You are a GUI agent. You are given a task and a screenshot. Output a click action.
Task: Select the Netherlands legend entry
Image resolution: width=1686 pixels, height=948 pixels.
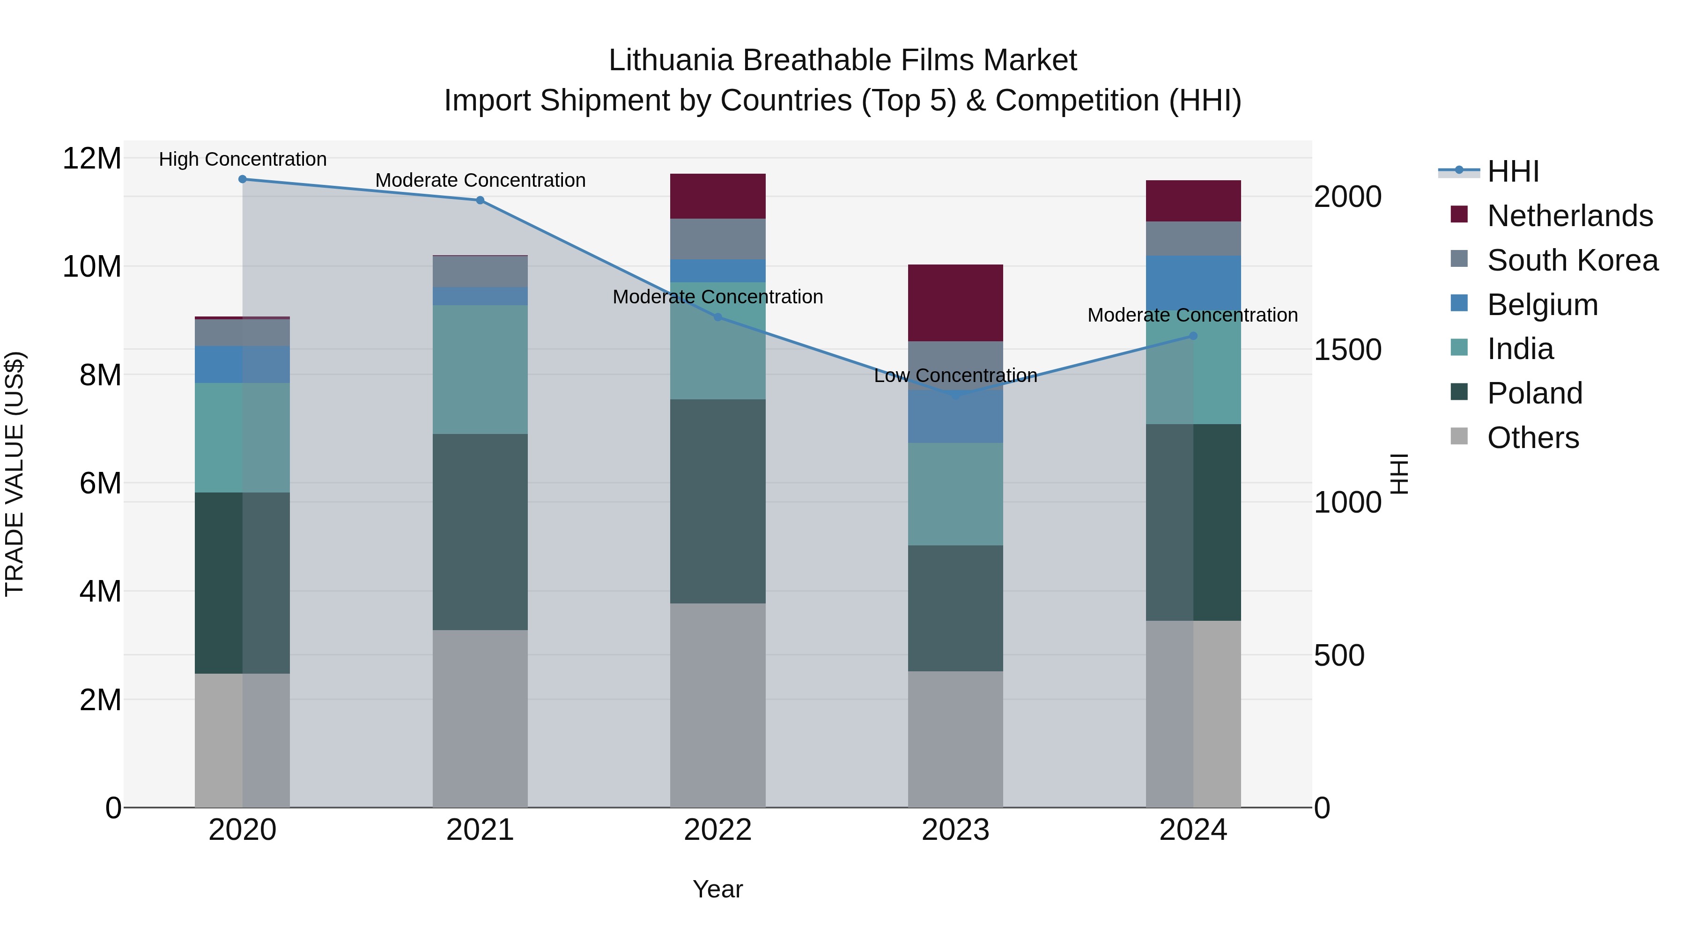point(1569,216)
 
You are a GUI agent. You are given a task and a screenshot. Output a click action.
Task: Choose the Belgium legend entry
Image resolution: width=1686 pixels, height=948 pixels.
point(1542,305)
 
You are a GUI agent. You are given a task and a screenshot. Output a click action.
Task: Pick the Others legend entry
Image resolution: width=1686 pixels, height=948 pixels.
point(1532,438)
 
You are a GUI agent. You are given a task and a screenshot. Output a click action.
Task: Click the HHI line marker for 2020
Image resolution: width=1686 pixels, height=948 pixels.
point(242,179)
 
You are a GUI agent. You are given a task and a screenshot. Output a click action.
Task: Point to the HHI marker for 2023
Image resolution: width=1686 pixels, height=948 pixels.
point(955,395)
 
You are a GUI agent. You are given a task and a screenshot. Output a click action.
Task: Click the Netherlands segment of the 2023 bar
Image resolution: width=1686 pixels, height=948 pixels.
point(955,303)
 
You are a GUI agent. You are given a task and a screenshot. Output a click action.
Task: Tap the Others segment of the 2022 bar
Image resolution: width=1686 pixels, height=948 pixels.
point(717,705)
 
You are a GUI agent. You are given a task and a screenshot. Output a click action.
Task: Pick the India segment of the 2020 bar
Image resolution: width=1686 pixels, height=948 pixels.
point(242,438)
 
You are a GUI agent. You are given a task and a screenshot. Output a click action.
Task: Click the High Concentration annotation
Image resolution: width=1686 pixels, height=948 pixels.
point(242,160)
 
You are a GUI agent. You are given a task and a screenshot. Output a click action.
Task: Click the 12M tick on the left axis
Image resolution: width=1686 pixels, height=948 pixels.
point(92,159)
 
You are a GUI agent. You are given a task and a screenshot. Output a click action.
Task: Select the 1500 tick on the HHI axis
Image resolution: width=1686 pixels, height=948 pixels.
point(1347,350)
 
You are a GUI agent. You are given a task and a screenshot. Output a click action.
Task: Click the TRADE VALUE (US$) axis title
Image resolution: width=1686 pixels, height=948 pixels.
point(15,474)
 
